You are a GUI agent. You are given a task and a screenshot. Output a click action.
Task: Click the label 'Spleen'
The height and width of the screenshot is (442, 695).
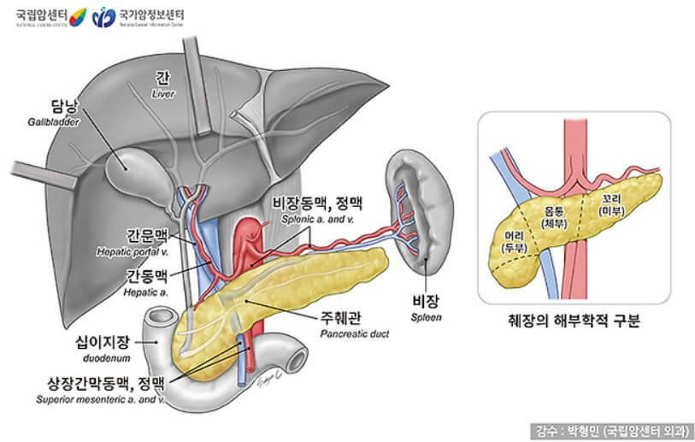425,316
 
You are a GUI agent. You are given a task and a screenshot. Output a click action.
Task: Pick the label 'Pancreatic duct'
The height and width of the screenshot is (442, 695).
354,334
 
